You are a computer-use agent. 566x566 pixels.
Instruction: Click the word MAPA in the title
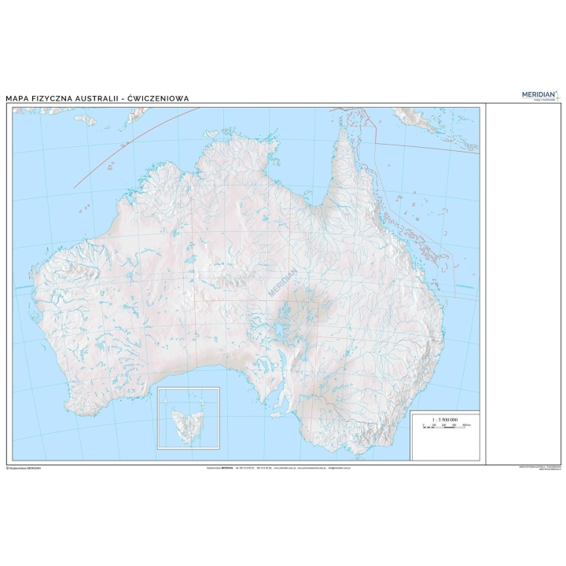(19, 98)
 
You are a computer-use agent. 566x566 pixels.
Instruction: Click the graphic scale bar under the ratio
(444, 425)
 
